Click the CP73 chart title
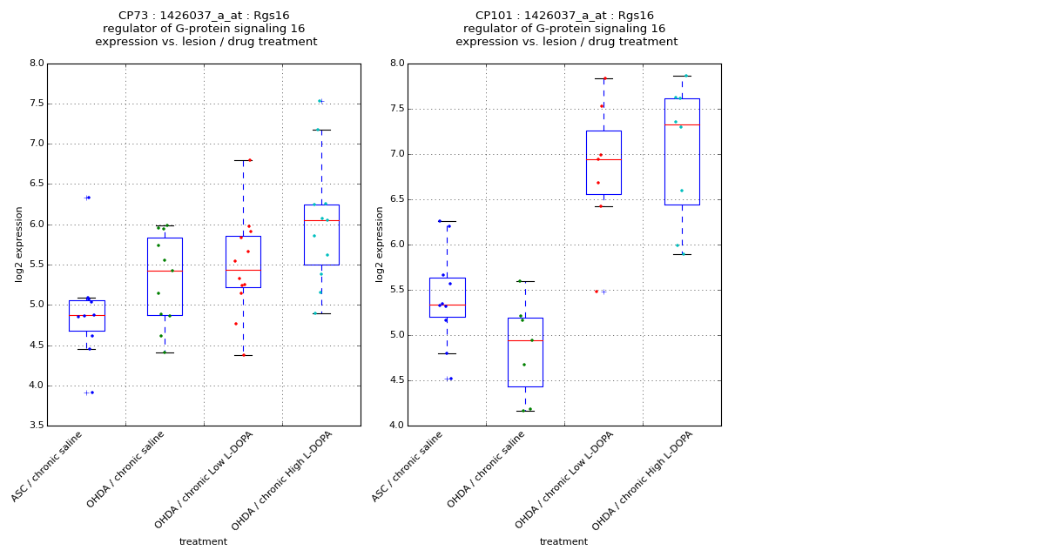coord(206,29)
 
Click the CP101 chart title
coord(566,29)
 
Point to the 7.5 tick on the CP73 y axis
coord(36,104)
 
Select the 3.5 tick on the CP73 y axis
coord(36,426)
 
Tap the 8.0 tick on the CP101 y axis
coord(396,64)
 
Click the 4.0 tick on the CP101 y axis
coord(396,426)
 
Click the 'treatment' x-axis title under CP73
coord(203,541)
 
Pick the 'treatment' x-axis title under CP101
coord(563,541)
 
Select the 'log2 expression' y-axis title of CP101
coord(380,245)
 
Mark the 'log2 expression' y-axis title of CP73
coord(19,245)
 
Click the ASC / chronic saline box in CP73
coord(86,316)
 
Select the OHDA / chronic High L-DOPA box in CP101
coord(681,152)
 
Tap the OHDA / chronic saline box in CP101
coord(525,352)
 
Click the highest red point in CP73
coord(250,160)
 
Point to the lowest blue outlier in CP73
coord(92,393)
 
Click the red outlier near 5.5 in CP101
coord(597,292)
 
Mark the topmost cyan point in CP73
coord(320,101)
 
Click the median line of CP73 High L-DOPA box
coord(321,221)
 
